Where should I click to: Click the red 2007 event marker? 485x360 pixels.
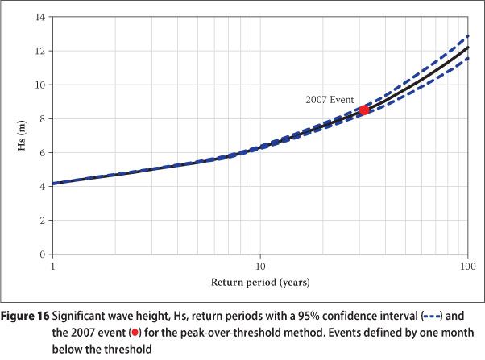pos(364,110)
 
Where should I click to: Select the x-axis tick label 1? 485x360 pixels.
pos(52,266)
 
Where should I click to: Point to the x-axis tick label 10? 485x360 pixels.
pos(259,266)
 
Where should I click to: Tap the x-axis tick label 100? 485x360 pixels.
pos(466,266)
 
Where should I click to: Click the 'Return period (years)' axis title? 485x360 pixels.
pos(259,283)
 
